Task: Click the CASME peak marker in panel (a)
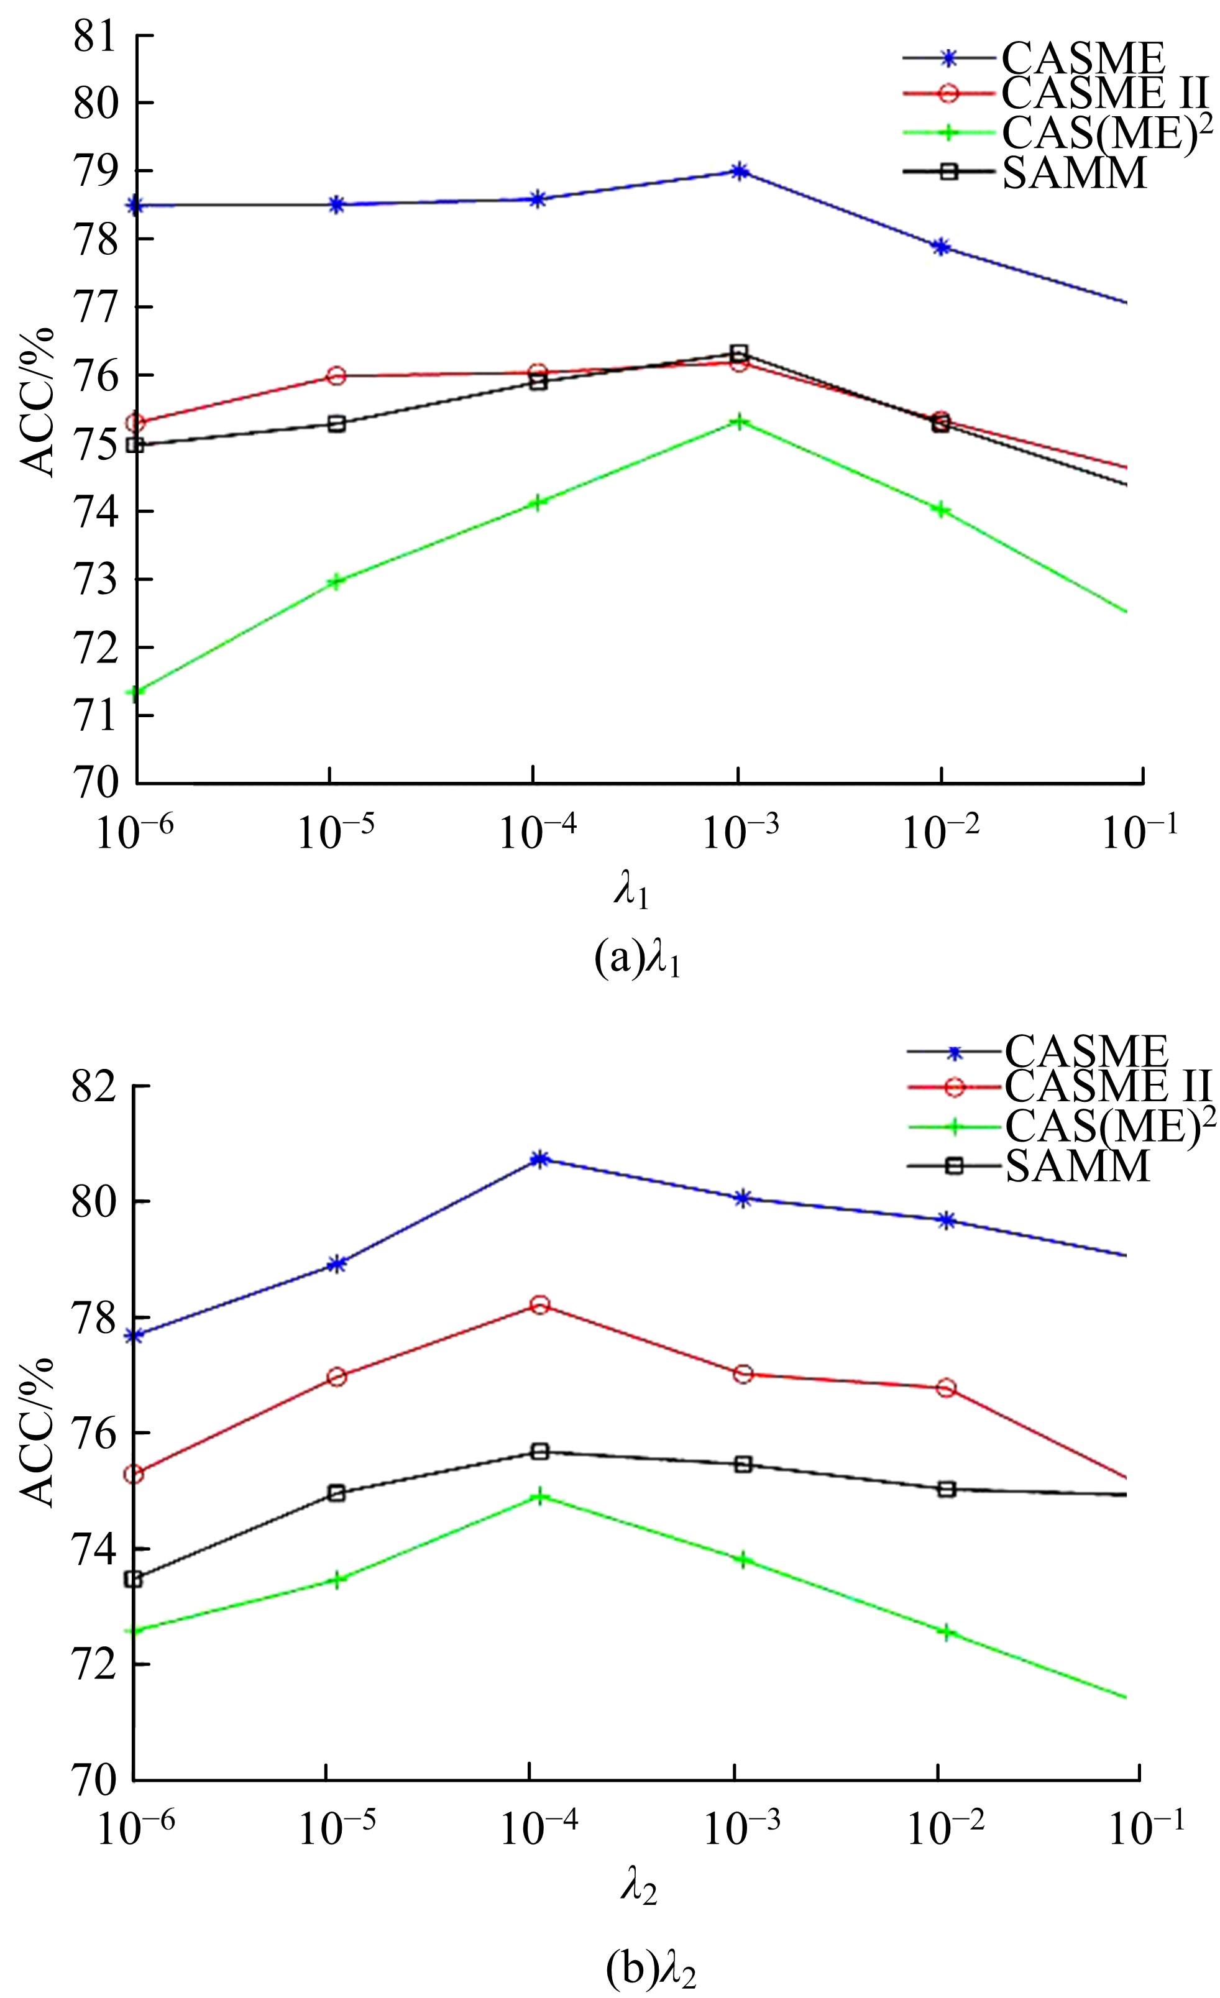(738, 171)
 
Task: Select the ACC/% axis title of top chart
(37, 401)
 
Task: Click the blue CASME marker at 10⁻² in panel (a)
(941, 247)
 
